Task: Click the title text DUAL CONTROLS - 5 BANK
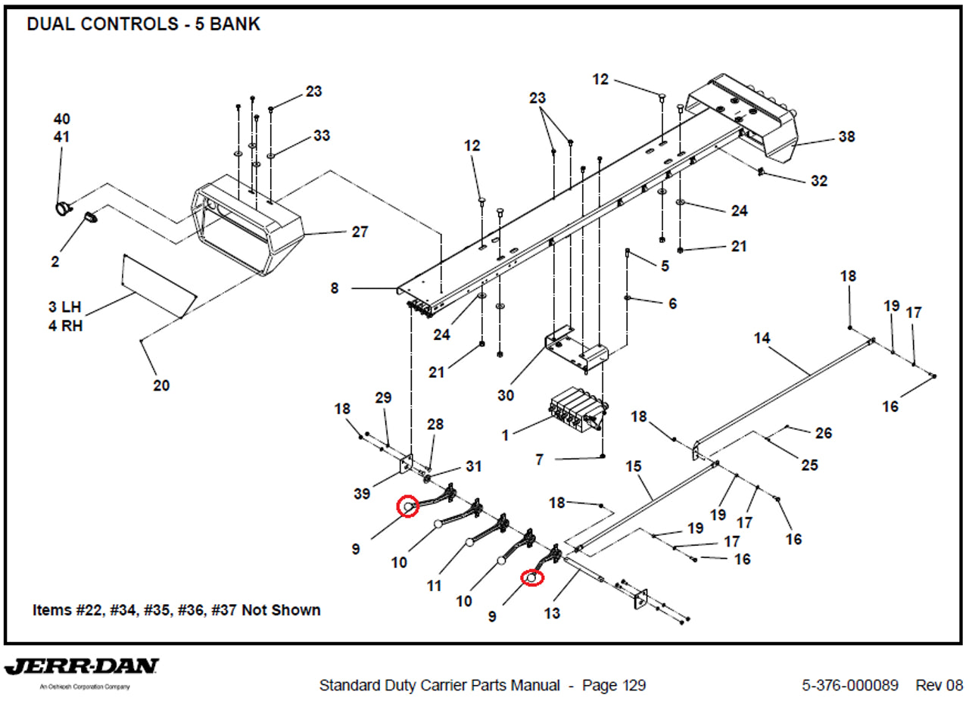pyautogui.click(x=143, y=24)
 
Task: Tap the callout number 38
pyautogui.click(x=846, y=138)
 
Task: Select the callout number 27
pyautogui.click(x=360, y=232)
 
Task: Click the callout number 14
pyautogui.click(x=762, y=338)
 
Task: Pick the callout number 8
pyautogui.click(x=335, y=288)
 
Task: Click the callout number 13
pyautogui.click(x=552, y=613)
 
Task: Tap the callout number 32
pyautogui.click(x=818, y=181)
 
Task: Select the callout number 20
pyautogui.click(x=161, y=385)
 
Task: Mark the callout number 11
pyautogui.click(x=434, y=586)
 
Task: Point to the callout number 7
pyautogui.click(x=539, y=460)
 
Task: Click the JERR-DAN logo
pyautogui.click(x=82, y=668)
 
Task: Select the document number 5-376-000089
pyautogui.click(x=850, y=686)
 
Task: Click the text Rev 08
pyautogui.click(x=939, y=686)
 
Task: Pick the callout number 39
pyautogui.click(x=362, y=494)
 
